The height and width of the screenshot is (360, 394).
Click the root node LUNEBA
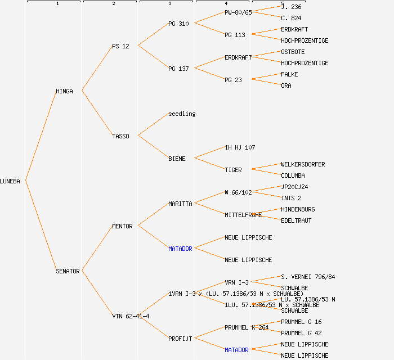(10, 181)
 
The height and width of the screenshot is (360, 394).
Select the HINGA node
(64, 91)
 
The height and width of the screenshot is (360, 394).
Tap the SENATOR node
(68, 271)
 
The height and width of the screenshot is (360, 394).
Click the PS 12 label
(120, 46)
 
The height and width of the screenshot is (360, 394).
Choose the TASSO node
(120, 136)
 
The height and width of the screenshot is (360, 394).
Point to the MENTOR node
(122, 226)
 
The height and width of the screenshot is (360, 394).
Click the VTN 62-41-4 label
(131, 316)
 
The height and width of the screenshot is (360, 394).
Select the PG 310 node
(178, 24)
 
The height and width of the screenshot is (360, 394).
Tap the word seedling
(182, 114)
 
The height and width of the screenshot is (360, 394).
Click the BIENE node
(177, 159)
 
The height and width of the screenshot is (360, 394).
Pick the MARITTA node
(180, 204)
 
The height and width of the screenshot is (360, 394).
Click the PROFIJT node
(180, 339)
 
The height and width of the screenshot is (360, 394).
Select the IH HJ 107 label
(240, 147)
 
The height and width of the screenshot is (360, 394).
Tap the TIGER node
(233, 170)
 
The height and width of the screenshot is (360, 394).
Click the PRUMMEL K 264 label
(247, 327)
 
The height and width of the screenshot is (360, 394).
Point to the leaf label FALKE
(289, 74)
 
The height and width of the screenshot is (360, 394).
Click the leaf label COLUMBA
(293, 175)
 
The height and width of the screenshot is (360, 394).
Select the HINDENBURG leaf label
(298, 209)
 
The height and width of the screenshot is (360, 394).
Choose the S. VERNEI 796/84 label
(308, 277)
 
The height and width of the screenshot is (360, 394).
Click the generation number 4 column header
(226, 4)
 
